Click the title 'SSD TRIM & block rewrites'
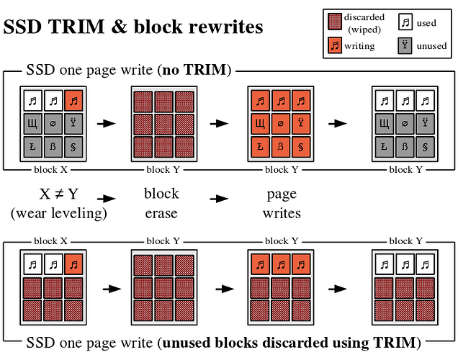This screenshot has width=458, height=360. coord(133,27)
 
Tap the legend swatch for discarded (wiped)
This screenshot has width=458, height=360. coord(335,21)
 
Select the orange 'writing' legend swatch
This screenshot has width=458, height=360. coord(335,46)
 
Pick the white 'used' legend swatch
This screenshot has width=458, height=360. coord(405,22)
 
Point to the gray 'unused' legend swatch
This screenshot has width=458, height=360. coord(405,46)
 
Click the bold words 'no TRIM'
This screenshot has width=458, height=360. coord(197,71)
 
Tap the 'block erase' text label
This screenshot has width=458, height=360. coord(161,203)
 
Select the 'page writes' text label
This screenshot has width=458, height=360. coord(281,203)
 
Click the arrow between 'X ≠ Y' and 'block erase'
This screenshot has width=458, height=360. coord(107,197)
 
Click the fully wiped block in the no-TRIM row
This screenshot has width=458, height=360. coord(163,124)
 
